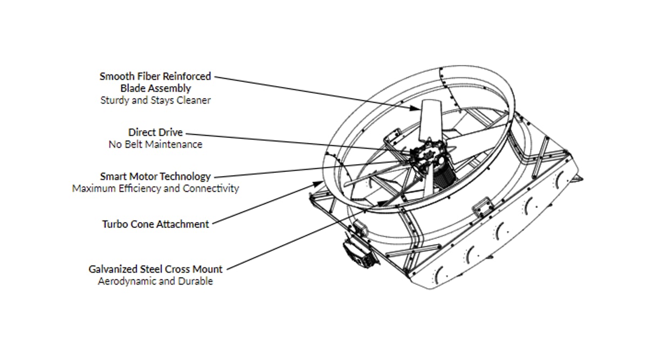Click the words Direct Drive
[155, 132]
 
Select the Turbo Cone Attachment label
[155, 224]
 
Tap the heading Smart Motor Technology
[155, 176]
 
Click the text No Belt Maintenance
[155, 144]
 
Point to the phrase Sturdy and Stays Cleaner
[155, 100]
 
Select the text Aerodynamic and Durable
[155, 281]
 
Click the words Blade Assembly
[155, 88]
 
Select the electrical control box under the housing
[359, 251]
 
